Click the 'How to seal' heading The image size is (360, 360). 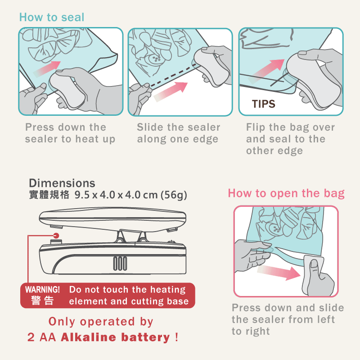click(52, 18)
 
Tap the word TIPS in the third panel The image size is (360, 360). click(263, 104)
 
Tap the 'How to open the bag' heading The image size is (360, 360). click(286, 194)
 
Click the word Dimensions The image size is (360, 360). click(62, 183)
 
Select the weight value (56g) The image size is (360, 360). click(173, 196)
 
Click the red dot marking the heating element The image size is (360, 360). click(56, 235)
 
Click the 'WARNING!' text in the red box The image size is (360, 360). click(43, 289)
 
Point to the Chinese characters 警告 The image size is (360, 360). click(42, 301)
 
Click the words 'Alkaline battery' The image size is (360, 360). click(115, 337)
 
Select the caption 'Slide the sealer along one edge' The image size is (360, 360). click(178, 133)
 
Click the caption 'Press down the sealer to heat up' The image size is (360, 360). click(70, 133)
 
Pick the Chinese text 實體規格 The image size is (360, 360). click(49, 196)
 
